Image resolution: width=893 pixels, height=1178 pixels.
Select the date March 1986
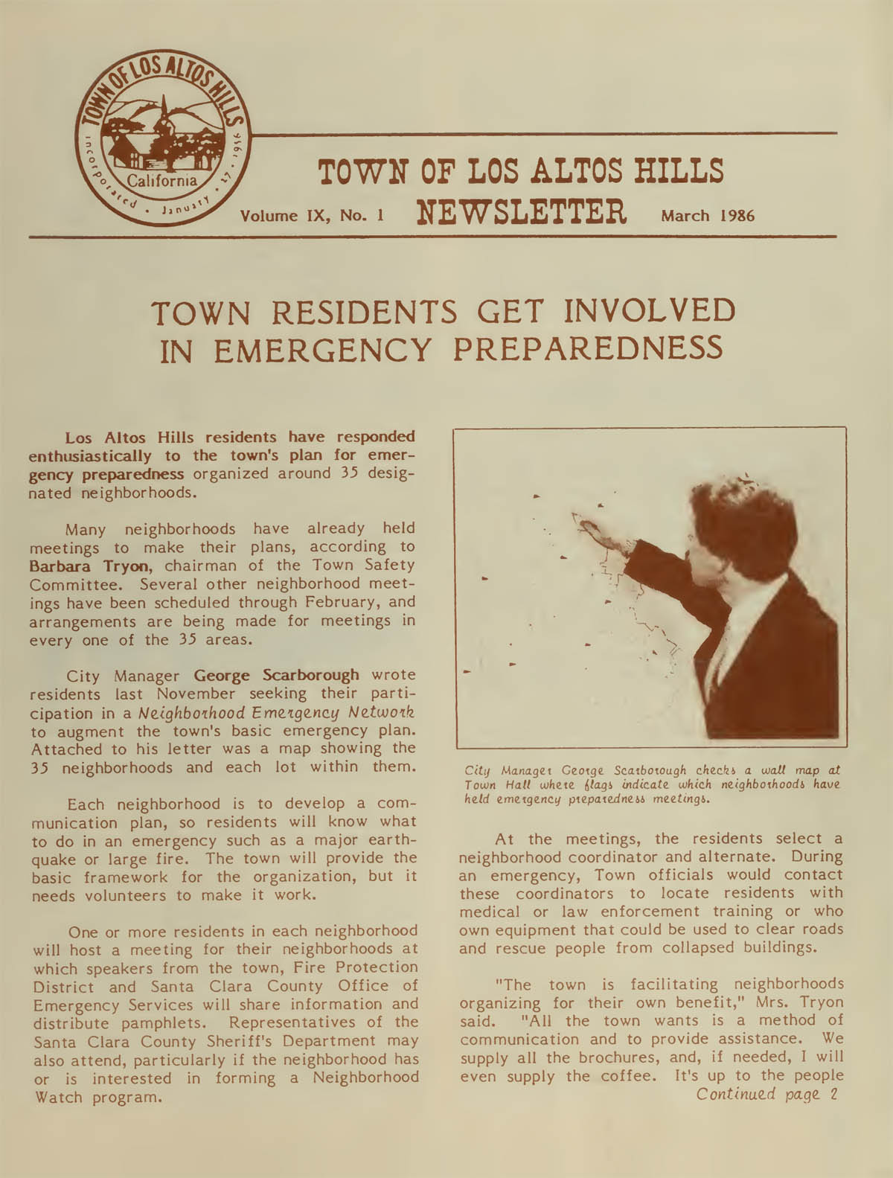tap(707, 216)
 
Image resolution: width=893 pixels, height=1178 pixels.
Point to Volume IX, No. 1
tap(313, 216)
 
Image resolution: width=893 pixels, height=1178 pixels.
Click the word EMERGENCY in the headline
tap(323, 350)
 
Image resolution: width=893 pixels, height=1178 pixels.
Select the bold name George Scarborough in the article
tap(276, 676)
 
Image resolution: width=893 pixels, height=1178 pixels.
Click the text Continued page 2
tap(766, 1094)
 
